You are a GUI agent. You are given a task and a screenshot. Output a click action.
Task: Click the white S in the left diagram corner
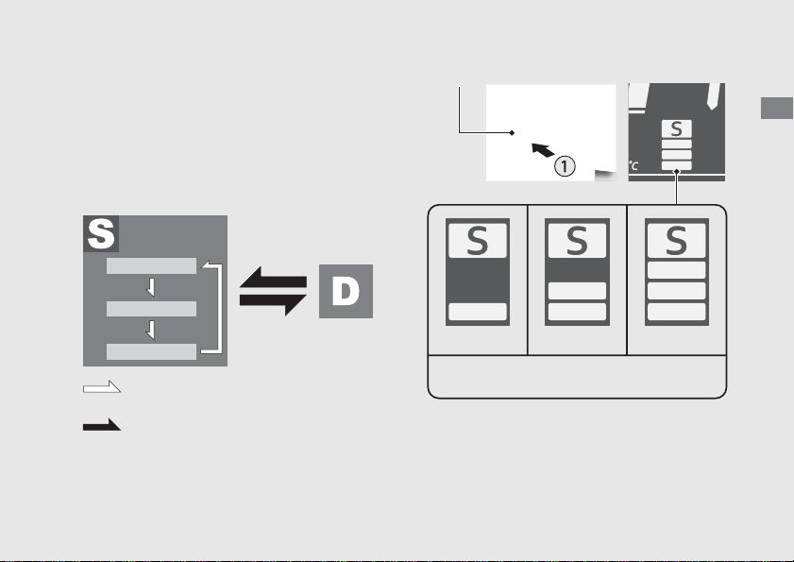point(101,233)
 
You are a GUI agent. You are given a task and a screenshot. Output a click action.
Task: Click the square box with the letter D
point(346,291)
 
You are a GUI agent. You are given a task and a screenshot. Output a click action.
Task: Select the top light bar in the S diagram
point(151,266)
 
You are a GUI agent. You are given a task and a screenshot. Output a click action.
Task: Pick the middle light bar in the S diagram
point(151,309)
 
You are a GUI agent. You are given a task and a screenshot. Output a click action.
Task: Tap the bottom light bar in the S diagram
point(151,351)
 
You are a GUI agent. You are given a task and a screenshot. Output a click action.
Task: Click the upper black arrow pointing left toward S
point(273,279)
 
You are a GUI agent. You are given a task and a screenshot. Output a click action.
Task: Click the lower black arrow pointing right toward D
point(273,304)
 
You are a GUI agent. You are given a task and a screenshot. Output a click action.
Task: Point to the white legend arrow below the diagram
point(102,387)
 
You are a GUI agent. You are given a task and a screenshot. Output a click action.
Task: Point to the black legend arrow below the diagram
point(102,425)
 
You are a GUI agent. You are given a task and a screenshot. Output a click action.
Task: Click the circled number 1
point(565,166)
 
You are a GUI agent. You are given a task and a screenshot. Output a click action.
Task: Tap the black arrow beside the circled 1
point(543,150)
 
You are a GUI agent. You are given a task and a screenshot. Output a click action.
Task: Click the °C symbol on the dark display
point(634,165)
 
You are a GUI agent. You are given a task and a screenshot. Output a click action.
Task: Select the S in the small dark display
point(677,129)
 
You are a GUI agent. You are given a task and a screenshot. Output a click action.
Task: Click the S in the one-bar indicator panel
point(478,240)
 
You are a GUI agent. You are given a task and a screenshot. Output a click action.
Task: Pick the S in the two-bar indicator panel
point(577,240)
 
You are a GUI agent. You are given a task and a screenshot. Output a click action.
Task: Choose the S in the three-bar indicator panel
point(677,240)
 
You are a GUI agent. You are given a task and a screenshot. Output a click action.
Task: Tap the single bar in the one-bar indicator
point(478,312)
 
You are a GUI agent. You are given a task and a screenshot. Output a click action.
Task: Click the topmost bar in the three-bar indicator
point(677,270)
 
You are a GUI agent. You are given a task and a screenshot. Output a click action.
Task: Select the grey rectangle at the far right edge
point(777,108)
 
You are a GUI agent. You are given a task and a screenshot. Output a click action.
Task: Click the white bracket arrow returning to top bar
point(220,308)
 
